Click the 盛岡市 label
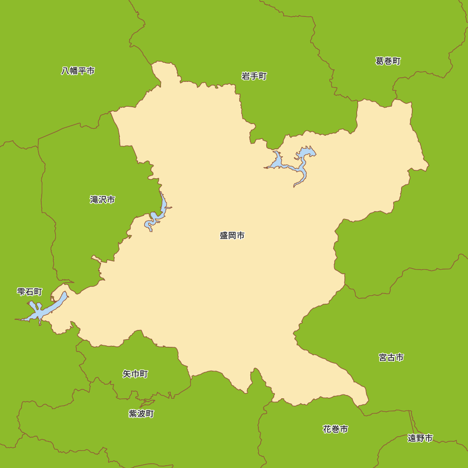coord(232,235)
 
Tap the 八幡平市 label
coord(78,71)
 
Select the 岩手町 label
coord(254,76)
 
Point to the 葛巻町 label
coord(388,61)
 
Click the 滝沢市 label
coord(102,199)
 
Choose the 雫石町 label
coord(29,292)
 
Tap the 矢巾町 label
coord(135,373)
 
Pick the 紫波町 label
coord(141,413)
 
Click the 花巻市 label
coord(335,429)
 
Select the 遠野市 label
coord(420,438)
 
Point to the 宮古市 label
coord(391,357)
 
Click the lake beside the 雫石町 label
coord(47,308)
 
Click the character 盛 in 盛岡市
coord(224,235)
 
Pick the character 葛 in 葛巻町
coord(380,61)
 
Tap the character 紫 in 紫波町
coord(133,413)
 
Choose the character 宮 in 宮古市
coord(383,357)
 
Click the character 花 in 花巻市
coord(327,429)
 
